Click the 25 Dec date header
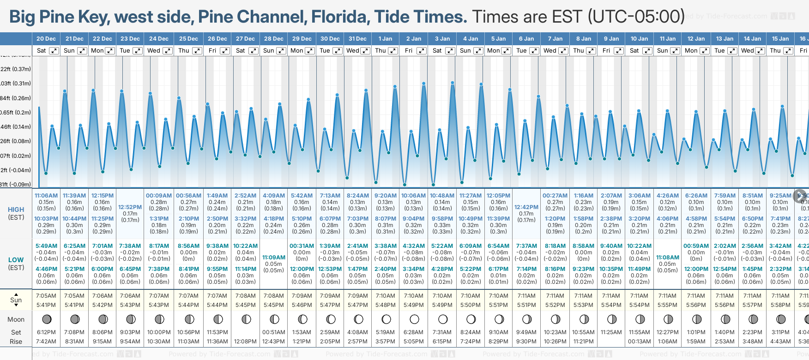pyautogui.click(x=188, y=39)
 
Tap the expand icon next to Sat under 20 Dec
pyautogui.click(x=54, y=51)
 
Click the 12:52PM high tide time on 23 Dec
pyautogui.click(x=130, y=207)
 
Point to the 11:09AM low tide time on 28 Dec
pyautogui.click(x=274, y=258)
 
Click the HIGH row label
pyautogui.click(x=16, y=210)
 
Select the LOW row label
pyautogui.click(x=16, y=260)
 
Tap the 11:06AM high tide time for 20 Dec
pyautogui.click(x=46, y=196)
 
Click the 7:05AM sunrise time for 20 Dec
pyautogui.click(x=46, y=296)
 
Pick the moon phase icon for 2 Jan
pyautogui.click(x=414, y=319)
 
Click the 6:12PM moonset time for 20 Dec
pyautogui.click(x=46, y=332)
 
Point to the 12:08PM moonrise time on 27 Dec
pyautogui.click(x=246, y=342)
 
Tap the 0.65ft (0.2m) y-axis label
pyautogui.click(x=15, y=113)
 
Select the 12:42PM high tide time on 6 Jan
pyautogui.click(x=526, y=207)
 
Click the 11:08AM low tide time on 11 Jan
pyautogui.click(x=668, y=258)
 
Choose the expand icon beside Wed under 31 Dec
pyautogui.click(x=365, y=51)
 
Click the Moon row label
pyautogui.click(x=16, y=319)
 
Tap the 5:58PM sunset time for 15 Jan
pyautogui.click(x=780, y=305)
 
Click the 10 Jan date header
pyautogui.click(x=640, y=39)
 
